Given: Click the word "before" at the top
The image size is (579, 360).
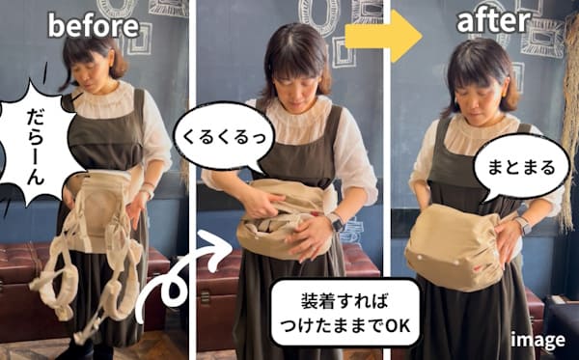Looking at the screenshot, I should pos(94,25).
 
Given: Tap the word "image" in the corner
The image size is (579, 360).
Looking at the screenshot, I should pos(538,339).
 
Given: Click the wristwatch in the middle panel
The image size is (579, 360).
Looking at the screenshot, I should pos(336,223).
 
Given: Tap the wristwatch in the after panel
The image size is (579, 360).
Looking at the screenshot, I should pos(522,225).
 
